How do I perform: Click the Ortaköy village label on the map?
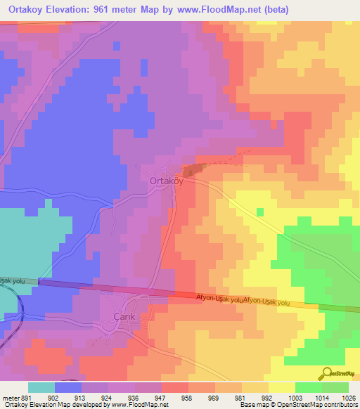(167, 181)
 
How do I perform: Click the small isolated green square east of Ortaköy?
(260, 212)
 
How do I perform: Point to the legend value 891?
(25, 396)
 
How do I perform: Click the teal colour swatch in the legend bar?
(41, 387)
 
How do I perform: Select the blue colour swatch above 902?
(68, 387)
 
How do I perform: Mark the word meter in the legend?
(9, 396)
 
